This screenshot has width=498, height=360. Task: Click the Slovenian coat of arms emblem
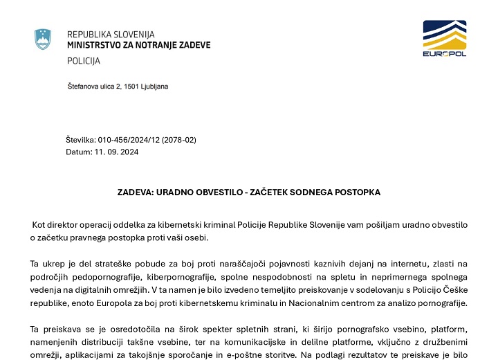pos(43,39)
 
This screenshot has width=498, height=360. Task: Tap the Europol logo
pos(444,39)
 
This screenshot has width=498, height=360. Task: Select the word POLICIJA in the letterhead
pos(84,61)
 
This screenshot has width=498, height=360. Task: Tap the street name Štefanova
pos(83,87)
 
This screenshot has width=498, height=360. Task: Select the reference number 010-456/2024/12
pos(127,140)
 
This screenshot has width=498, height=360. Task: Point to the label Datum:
pos(78,152)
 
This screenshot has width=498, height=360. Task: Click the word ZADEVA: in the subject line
pos(136,192)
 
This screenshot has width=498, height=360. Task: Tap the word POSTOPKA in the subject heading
pos(357,192)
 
